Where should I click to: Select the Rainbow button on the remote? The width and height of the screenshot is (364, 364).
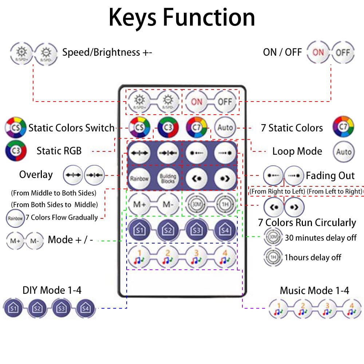139,178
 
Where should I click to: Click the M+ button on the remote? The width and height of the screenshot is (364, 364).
139,204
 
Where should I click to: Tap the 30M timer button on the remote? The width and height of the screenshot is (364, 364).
197,204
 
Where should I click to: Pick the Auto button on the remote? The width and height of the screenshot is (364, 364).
225,127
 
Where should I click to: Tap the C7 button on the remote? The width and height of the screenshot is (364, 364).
197,127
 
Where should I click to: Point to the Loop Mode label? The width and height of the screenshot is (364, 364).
297,151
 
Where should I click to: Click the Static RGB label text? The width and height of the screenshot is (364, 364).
59,151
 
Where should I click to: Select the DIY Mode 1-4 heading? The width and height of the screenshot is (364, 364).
52,290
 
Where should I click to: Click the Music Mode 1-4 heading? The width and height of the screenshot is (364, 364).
314,290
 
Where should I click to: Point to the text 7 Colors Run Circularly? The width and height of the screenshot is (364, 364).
307,222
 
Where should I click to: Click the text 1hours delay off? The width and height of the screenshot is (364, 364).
313,258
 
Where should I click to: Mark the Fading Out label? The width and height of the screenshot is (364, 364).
330,176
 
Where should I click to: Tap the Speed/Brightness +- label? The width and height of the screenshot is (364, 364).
107,52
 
